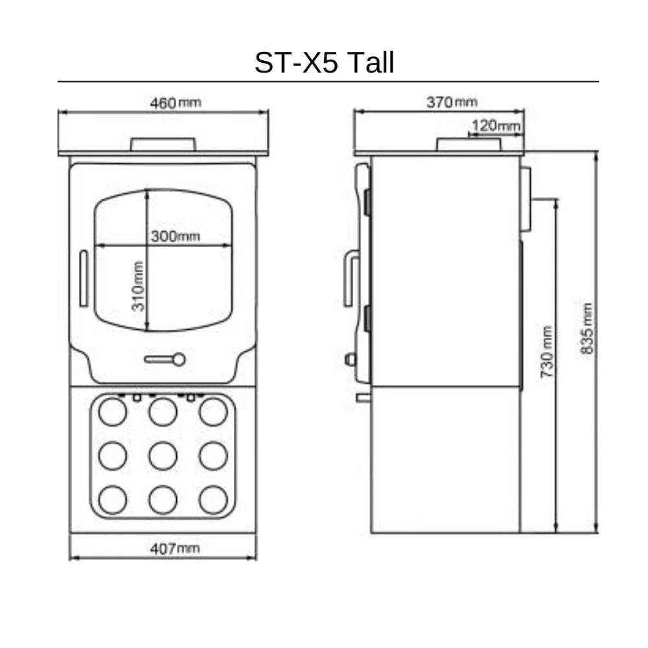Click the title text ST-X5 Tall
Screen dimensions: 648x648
coord(324,62)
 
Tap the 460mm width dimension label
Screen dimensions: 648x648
coord(175,102)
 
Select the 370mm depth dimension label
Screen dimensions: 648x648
coord(452,102)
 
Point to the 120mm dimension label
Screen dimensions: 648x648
coord(496,125)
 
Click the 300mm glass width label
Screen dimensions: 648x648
coord(175,237)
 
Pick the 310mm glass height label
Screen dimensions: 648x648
coord(137,286)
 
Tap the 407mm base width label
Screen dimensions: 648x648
coord(175,548)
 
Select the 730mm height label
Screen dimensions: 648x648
coord(546,352)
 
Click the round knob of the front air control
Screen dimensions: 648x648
coord(179,360)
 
